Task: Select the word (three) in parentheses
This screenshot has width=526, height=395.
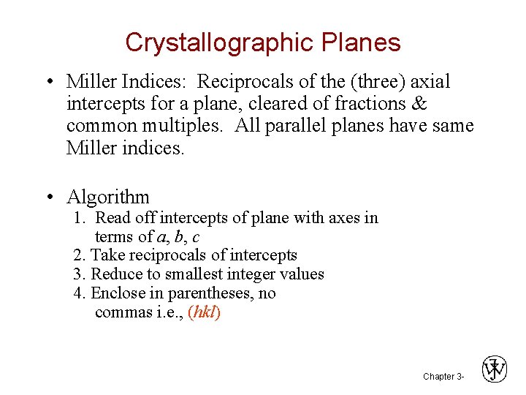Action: point(370,81)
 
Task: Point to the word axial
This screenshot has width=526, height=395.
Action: point(431,81)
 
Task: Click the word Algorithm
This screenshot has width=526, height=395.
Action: point(108,197)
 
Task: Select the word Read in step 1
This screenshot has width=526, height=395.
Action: point(112,217)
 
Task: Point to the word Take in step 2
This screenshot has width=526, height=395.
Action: point(107,255)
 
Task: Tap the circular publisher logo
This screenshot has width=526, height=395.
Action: point(495,369)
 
